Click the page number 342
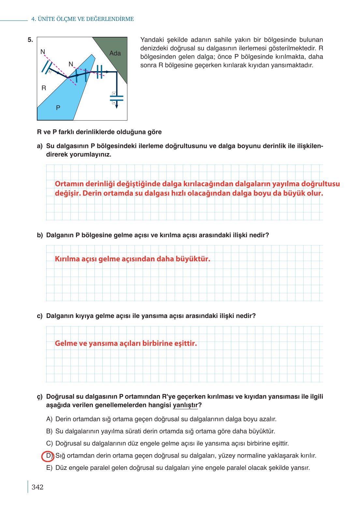[x=37, y=487]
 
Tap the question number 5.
[x=30, y=40]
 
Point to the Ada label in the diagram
[x=115, y=53]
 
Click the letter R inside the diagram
[x=44, y=88]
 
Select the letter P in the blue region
[x=58, y=108]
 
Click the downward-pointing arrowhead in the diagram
[x=117, y=106]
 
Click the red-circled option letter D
[x=48, y=456]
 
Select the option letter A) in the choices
[x=49, y=419]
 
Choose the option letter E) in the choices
[x=49, y=468]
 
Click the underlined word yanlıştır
[x=185, y=405]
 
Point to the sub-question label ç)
[x=40, y=397]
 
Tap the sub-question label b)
[x=40, y=235]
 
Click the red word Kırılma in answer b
[x=67, y=259]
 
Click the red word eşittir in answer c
[x=185, y=343]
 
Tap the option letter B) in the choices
[x=49, y=431]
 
